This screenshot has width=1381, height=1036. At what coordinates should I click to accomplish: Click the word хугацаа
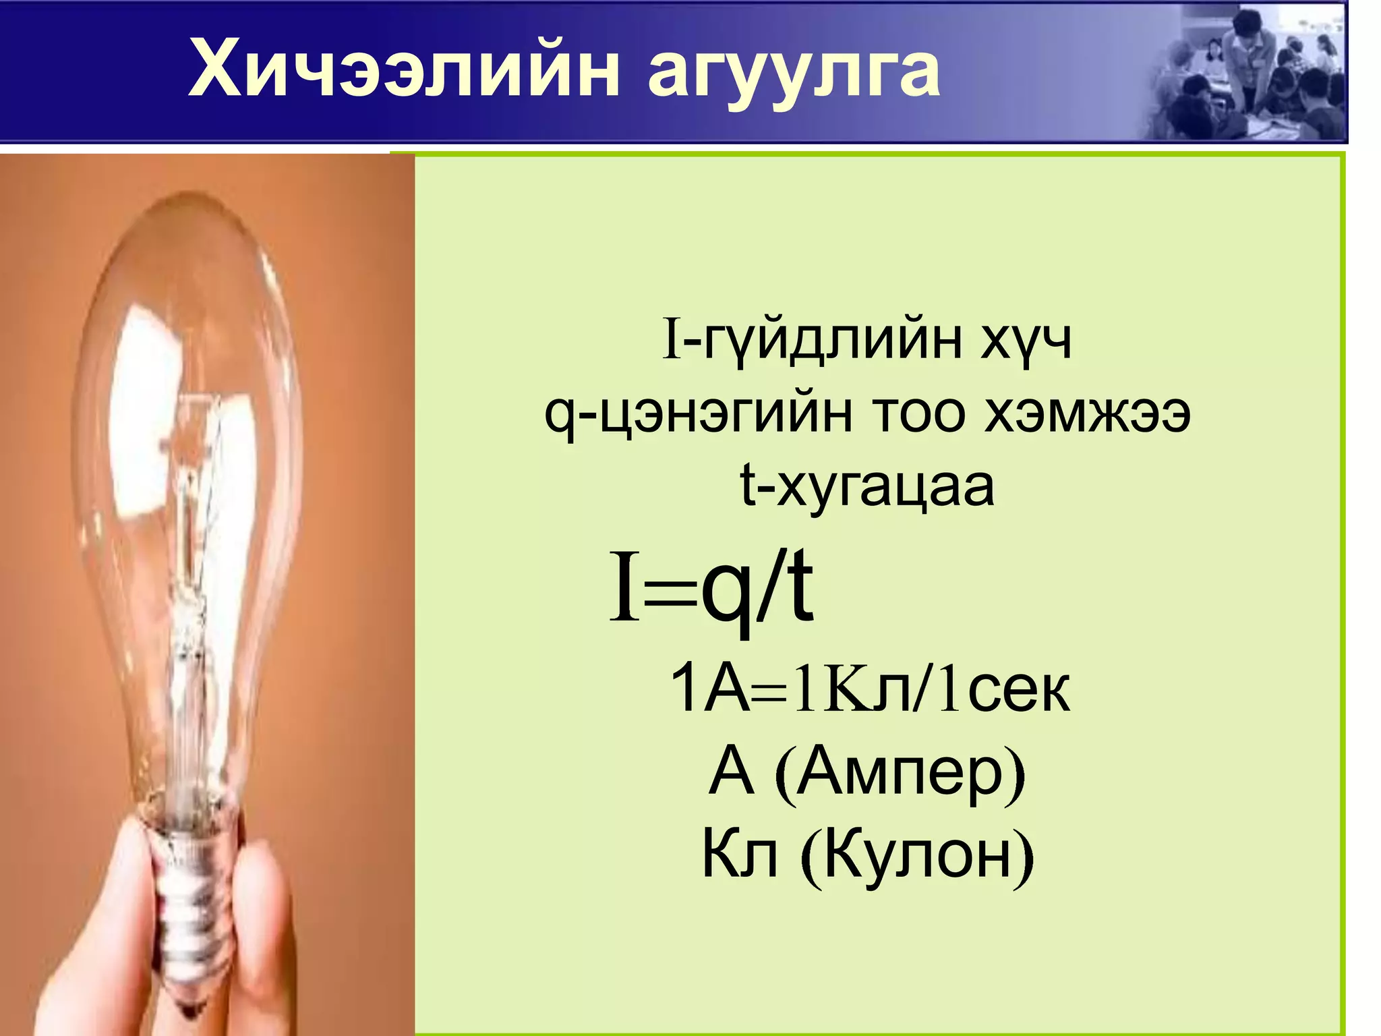tap(885, 487)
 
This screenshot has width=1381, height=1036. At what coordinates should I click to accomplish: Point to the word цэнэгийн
tap(718, 415)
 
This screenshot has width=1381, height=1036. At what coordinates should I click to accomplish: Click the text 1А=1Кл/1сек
tap(869, 689)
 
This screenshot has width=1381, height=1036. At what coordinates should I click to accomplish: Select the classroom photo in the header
tap(1247, 74)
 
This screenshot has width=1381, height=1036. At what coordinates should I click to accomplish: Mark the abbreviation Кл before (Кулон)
tap(740, 855)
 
